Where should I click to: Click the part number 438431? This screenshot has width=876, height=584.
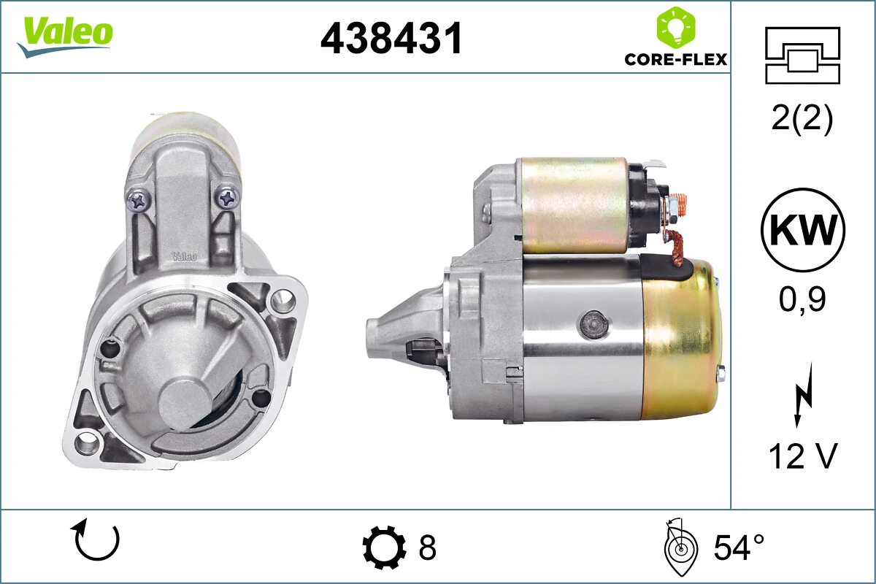point(391,38)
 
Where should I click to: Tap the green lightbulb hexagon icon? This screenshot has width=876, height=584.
point(676,27)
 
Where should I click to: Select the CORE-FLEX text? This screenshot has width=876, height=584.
point(676,59)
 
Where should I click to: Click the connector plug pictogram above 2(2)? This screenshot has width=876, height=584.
point(802,55)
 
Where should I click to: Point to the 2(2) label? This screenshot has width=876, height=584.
point(802,119)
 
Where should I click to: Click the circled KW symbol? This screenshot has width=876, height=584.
point(803,230)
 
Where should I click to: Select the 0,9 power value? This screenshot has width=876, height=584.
point(802,299)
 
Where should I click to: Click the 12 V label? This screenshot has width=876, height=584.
point(803,456)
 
